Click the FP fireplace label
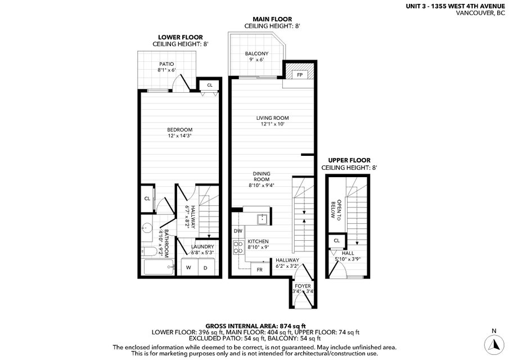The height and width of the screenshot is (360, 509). (x=300, y=75)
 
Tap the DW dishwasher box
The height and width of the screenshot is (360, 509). (x=238, y=231)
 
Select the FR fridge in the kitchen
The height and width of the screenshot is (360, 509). (x=260, y=269)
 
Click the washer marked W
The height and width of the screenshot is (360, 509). (x=188, y=268)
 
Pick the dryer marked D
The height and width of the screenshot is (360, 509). (x=205, y=268)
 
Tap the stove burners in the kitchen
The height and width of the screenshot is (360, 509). (x=238, y=247)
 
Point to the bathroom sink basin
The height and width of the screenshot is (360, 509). (x=147, y=228)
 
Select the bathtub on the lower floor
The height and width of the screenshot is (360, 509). (x=159, y=267)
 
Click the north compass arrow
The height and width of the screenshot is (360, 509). (x=496, y=344)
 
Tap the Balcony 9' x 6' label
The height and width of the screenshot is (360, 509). (x=256, y=56)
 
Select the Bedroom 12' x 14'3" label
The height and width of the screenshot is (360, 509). (x=180, y=133)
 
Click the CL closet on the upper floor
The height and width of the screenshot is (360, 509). (x=337, y=241)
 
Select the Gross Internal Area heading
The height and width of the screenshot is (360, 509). (x=255, y=326)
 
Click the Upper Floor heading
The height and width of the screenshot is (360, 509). (x=349, y=160)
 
